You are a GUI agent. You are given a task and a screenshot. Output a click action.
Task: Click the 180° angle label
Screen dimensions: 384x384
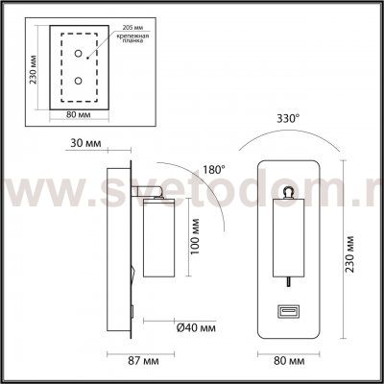tap(213, 169)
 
